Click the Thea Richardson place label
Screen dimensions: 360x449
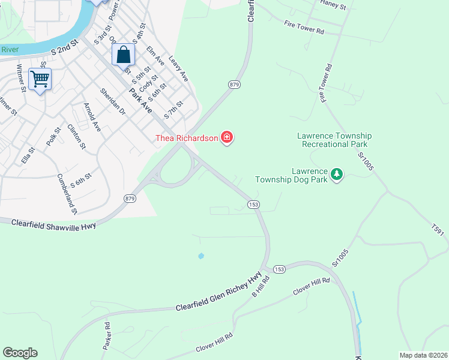[187, 138]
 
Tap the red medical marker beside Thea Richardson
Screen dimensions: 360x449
[227, 138]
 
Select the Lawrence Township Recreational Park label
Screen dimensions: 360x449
[335, 140]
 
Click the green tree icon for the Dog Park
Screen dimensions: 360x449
[337, 174]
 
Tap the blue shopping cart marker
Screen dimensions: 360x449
[40, 79]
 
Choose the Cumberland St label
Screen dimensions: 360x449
[67, 194]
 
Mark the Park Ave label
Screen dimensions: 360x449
[140, 100]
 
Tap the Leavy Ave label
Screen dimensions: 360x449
[178, 69]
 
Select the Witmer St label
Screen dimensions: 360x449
[22, 77]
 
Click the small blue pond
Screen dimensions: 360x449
[200, 256]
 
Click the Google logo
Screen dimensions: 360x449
[20, 353]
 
